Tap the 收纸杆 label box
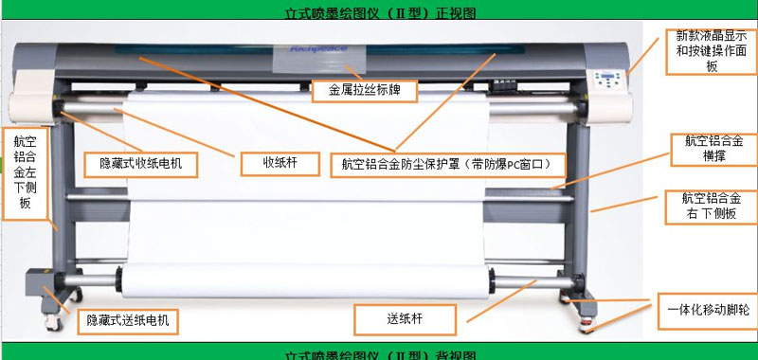[x=280, y=163]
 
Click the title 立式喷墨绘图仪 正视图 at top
[x=379, y=13]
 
